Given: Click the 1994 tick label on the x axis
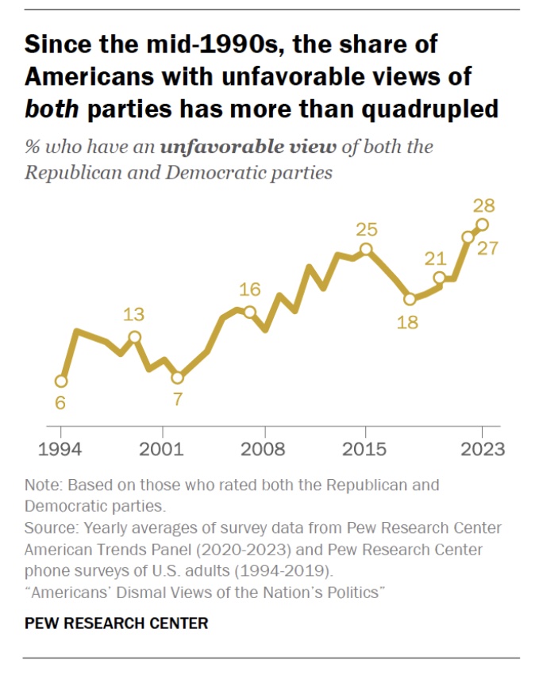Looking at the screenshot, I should (61, 450).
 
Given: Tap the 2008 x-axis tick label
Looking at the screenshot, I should (264, 450).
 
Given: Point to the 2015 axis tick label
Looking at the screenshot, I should (365, 450).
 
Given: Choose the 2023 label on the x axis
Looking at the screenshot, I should (482, 450).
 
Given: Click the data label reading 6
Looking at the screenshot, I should (60, 403).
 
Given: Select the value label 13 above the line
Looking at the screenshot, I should (134, 314).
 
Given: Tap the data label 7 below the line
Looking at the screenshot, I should (178, 399).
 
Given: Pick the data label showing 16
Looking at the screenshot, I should (250, 290).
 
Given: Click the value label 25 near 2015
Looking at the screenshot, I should (366, 229).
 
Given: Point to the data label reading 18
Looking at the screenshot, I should (410, 323).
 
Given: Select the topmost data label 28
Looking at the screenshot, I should (484, 205).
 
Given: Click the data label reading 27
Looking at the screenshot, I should (487, 248).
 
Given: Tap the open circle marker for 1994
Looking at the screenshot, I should (61, 381).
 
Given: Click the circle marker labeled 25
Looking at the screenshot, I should (366, 250).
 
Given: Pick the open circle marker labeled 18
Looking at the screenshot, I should (410, 300).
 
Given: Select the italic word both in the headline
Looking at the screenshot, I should (52, 108).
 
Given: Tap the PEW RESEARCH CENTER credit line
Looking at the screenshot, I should (117, 623).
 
